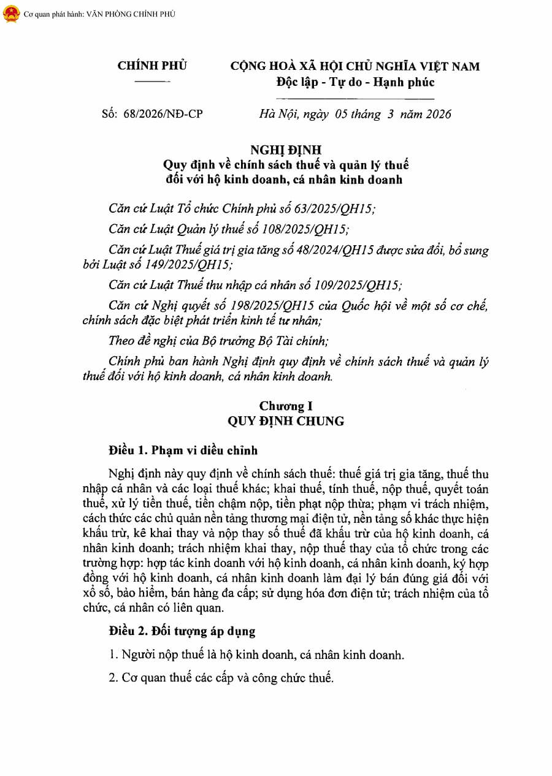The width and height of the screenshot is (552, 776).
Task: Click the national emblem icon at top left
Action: point(10,14)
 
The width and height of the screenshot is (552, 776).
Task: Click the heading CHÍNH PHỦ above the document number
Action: point(152,66)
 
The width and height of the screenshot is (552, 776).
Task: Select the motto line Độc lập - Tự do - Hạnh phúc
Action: point(355,82)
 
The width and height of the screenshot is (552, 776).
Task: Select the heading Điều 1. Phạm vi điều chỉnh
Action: point(183,451)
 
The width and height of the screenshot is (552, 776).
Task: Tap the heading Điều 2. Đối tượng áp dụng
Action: point(182,630)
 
